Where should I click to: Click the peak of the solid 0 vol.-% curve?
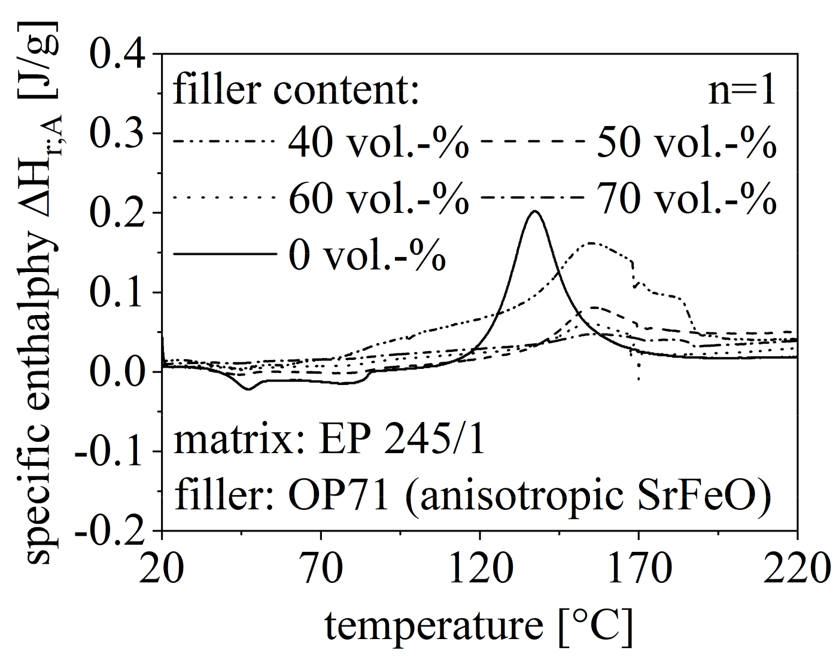point(535,211)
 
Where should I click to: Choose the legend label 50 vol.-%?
point(686,144)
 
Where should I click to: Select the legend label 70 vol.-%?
point(686,199)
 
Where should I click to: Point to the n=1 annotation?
point(742,91)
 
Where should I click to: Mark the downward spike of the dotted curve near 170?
point(639,378)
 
